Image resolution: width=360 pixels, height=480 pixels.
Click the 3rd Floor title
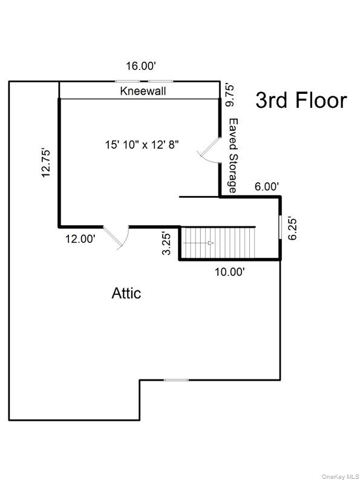pos(301,100)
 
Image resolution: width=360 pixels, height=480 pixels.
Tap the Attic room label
pos(126,294)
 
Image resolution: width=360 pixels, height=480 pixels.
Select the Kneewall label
pos(143,91)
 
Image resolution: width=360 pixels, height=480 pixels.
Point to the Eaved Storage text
pos(232,156)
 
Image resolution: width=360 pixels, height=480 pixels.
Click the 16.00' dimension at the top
pos(140,67)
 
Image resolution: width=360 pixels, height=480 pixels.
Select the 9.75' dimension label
pos(230,95)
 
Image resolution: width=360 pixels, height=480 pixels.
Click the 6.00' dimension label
pos(266,187)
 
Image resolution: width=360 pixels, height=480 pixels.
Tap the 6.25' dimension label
pos(293,228)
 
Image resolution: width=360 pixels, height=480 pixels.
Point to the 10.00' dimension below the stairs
pos(231,272)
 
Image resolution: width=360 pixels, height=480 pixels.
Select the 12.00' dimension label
pos(80,238)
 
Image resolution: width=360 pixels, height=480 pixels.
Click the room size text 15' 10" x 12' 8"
pos(142,145)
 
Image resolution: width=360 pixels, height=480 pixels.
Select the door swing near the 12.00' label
pos(117,237)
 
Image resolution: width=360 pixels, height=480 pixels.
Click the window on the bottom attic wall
pos(176,380)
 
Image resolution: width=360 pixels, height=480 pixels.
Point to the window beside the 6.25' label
pos(280,228)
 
